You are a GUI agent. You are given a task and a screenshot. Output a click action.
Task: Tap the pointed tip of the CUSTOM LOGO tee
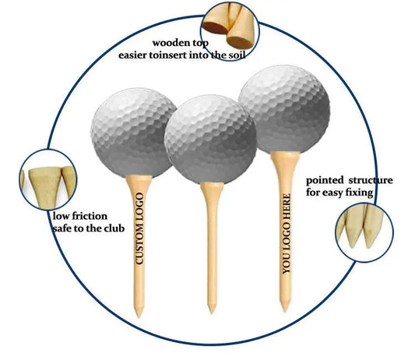(139, 313)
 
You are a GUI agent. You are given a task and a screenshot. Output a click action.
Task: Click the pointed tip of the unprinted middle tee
(211, 310)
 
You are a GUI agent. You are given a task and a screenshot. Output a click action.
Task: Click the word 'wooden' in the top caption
(170, 43)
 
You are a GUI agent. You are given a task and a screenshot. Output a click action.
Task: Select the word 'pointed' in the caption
(325, 180)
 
